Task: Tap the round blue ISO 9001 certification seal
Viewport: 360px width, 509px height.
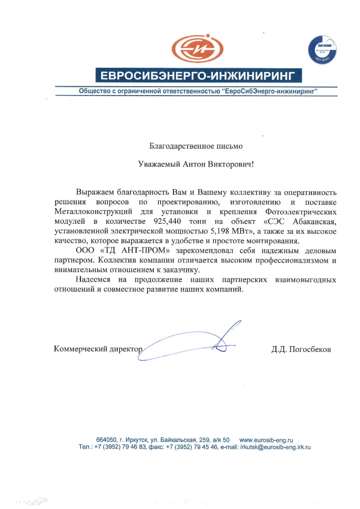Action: click(x=322, y=53)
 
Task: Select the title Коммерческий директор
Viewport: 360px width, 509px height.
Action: click(x=98, y=349)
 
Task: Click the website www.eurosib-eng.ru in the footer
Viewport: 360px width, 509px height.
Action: click(x=266, y=439)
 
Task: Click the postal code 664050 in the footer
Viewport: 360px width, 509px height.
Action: click(x=106, y=439)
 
